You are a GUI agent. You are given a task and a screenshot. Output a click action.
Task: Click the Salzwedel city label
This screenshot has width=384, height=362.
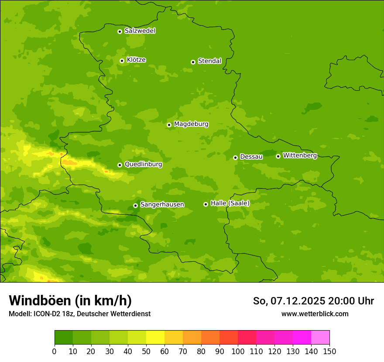coord(140,31)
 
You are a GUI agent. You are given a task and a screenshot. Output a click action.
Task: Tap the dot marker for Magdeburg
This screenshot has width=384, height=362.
coord(169,125)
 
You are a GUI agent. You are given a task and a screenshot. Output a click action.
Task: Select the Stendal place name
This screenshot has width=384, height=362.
coord(209,61)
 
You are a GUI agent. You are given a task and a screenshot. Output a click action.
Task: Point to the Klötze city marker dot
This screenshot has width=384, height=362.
coord(122,61)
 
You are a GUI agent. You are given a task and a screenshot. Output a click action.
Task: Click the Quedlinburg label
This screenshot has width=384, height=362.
coord(143,164)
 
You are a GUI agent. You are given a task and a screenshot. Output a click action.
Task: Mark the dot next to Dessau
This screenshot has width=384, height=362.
coord(235,157)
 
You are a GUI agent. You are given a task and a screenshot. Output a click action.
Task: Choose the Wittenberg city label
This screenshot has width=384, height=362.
coord(300,155)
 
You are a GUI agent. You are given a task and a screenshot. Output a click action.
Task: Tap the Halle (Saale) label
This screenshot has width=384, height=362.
coord(230,203)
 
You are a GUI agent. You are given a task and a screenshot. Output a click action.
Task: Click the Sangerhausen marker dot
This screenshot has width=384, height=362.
coord(135,205)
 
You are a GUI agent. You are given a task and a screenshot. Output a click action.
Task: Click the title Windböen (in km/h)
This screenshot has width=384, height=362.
coord(70,301)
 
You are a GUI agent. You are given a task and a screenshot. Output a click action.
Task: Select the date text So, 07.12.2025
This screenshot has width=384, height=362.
coord(289,301)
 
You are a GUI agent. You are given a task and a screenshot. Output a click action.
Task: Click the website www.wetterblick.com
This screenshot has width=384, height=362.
coord(315,314)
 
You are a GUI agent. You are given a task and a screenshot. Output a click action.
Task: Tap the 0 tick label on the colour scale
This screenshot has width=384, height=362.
coord(55,351)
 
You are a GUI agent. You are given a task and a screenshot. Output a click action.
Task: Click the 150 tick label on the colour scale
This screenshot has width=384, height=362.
coord(329,351)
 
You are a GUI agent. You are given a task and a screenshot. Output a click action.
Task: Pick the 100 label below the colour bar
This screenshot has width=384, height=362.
coord(238,351)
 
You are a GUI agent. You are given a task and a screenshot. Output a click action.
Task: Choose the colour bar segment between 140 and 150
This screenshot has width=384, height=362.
coord(320,338)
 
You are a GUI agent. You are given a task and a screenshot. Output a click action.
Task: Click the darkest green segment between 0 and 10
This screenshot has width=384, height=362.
coord(64,338)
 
